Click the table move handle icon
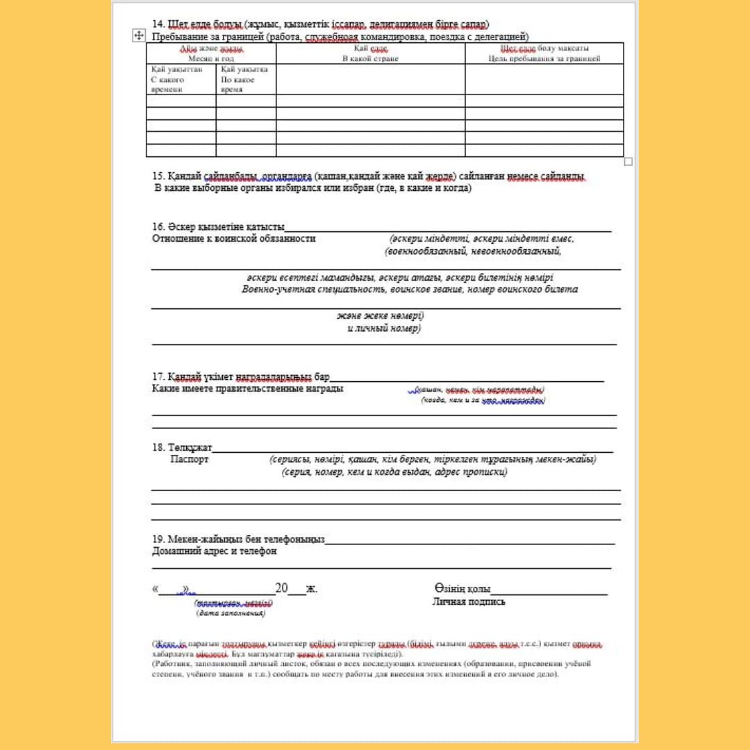click(137, 35)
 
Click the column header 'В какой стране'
click(370, 59)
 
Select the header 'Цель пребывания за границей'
click(544, 59)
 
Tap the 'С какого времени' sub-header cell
click(167, 80)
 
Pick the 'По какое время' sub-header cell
click(237, 80)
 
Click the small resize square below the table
click(628, 161)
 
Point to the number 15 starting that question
click(157, 176)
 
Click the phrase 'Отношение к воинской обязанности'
click(233, 238)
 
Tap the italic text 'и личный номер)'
click(384, 328)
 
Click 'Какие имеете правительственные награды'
click(247, 388)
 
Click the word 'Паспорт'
click(190, 459)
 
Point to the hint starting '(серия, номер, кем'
click(394, 472)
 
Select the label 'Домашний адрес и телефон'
click(214, 551)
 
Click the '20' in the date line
click(281, 589)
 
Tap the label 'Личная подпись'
click(469, 601)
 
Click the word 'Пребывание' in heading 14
click(179, 36)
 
